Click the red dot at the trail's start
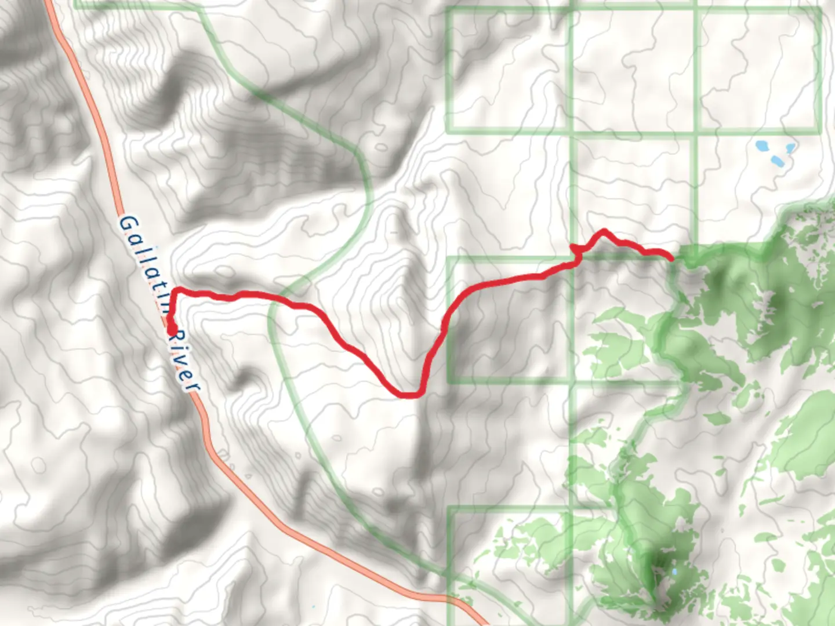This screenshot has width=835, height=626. [x=172, y=330]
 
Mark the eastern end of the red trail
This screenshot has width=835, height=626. [x=671, y=258]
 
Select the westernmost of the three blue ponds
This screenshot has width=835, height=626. [x=761, y=145]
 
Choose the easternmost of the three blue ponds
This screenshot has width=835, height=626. [x=790, y=148]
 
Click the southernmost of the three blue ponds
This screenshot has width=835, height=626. [x=776, y=161]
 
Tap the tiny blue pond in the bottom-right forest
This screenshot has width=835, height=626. [x=673, y=573]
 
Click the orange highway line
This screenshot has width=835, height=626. [x=104, y=145]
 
